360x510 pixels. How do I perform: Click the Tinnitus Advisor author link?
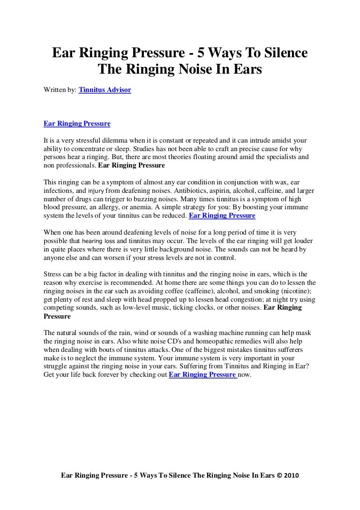[105, 89]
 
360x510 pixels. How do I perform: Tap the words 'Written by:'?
[60, 89]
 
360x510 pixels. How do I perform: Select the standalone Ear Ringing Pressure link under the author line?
[77, 124]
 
